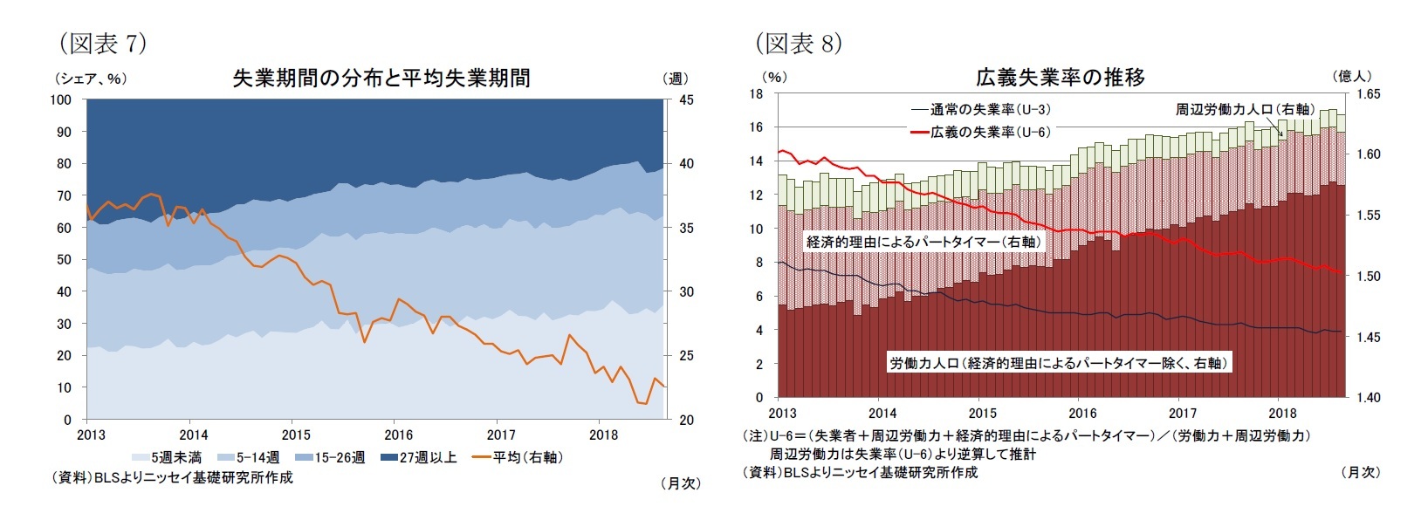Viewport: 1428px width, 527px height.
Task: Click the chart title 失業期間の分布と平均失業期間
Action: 381,78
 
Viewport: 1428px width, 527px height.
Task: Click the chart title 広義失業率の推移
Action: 1060,77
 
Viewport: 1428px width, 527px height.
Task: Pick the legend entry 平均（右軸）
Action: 518,457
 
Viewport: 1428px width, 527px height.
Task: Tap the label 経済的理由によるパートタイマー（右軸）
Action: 923,242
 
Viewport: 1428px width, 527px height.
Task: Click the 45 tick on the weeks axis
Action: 686,100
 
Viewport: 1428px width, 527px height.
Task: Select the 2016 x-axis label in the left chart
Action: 398,435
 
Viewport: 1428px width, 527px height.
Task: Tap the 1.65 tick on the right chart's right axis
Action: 1367,94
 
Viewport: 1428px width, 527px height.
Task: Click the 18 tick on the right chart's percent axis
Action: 756,93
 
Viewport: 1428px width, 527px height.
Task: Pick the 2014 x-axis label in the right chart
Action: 882,413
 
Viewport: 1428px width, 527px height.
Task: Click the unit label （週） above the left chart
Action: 676,79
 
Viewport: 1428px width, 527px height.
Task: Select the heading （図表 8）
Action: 798,43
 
